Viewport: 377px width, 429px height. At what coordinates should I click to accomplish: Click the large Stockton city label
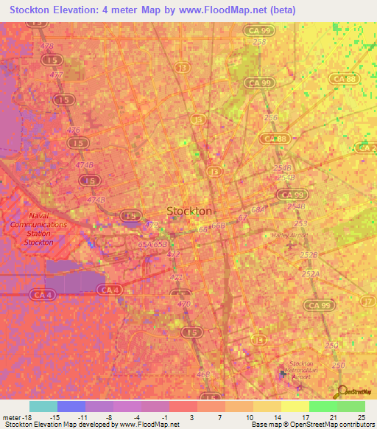[190, 211]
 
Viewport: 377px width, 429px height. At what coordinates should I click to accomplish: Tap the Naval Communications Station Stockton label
[38, 228]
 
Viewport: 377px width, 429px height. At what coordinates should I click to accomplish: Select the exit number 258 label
[259, 42]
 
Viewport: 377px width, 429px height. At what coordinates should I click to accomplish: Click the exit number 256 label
[270, 118]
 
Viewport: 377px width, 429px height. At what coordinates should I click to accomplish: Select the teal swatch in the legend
[43, 406]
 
